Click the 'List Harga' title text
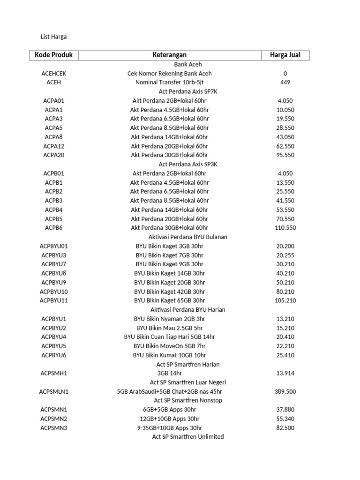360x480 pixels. [x=54, y=37]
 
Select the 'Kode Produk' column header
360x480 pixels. [x=54, y=55]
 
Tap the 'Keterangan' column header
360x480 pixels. [x=169, y=55]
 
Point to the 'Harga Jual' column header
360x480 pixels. [x=285, y=55]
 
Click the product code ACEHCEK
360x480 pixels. [x=54, y=74]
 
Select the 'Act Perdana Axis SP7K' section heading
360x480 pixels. [x=188, y=91]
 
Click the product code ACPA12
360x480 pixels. [x=54, y=146]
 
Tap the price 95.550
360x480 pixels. [x=285, y=155]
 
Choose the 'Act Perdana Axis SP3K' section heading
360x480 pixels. [x=188, y=164]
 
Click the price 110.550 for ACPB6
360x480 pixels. [x=285, y=228]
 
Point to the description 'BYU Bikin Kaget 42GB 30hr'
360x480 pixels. [x=169, y=292]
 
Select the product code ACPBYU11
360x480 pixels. [x=54, y=300]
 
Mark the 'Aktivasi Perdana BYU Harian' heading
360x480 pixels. [x=188, y=310]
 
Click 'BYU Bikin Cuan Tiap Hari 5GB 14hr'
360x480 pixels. [x=169, y=337]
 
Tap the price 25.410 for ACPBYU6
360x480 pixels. [x=285, y=355]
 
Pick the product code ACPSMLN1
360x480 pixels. [x=54, y=391]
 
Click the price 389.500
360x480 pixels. [x=285, y=391]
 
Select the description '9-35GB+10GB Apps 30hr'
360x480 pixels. [x=169, y=428]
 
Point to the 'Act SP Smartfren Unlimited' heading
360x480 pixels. [x=188, y=437]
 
